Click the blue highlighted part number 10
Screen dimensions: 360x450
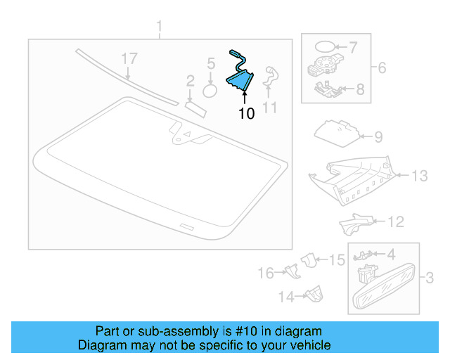click(239, 79)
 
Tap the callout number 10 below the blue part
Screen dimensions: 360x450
click(246, 113)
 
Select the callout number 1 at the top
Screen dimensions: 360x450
click(159, 27)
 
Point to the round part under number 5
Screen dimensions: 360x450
click(210, 90)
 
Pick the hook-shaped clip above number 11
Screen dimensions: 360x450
click(270, 77)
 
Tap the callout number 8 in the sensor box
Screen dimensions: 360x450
click(360, 89)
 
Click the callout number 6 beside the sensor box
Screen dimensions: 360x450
click(382, 68)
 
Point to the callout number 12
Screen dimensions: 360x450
click(397, 222)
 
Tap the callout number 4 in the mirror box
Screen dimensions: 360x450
click(391, 254)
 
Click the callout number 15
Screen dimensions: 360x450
click(337, 260)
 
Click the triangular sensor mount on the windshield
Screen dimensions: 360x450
click(187, 136)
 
